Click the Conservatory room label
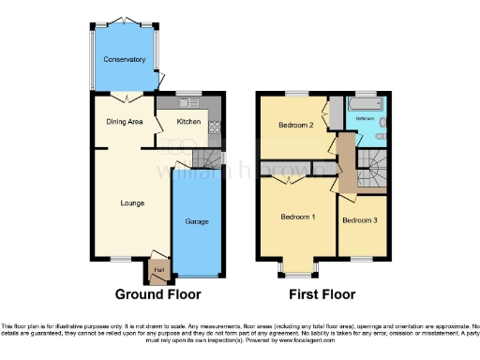[x=125, y=60]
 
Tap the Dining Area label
[x=123, y=121]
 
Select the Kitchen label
[x=189, y=121]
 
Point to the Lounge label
[x=131, y=202]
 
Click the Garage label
[x=197, y=221]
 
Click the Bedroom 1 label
[x=298, y=217]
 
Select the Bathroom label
[x=365, y=119]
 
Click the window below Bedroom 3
[x=361, y=258]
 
